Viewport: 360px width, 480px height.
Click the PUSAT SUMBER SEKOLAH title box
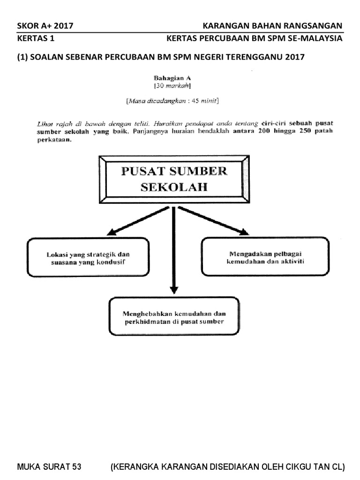point(174,179)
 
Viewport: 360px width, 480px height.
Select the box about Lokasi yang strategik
point(88,257)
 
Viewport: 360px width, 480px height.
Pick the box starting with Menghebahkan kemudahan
point(174,316)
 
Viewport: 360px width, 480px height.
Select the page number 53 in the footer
point(75,467)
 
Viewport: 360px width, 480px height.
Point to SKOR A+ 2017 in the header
point(45,26)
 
